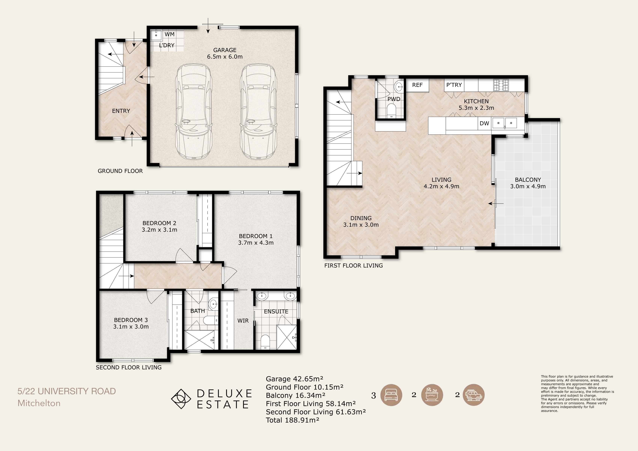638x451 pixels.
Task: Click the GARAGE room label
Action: pyautogui.click(x=225, y=50)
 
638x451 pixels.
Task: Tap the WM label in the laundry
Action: pyautogui.click(x=169, y=34)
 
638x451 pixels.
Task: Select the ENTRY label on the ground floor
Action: pyautogui.click(x=121, y=111)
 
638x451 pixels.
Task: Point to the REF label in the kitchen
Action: pyautogui.click(x=417, y=85)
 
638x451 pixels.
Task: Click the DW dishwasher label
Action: pyautogui.click(x=484, y=123)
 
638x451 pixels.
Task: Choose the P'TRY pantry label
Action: pyautogui.click(x=454, y=85)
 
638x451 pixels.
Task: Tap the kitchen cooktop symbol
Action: pyautogui.click(x=501, y=85)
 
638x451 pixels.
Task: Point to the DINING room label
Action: pyautogui.click(x=361, y=218)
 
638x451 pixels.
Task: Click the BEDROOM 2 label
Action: pyautogui.click(x=159, y=223)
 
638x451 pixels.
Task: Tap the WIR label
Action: pyautogui.click(x=243, y=321)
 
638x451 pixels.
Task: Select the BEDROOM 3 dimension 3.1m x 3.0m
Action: pyautogui.click(x=131, y=327)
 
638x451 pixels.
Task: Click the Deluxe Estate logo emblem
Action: pyautogui.click(x=181, y=399)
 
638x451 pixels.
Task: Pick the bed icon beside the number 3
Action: pyautogui.click(x=391, y=395)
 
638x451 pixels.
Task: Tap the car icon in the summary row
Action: pyautogui.click(x=474, y=395)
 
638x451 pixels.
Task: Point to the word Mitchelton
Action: pyautogui.click(x=39, y=403)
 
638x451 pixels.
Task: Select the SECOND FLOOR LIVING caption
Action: pyautogui.click(x=129, y=367)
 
